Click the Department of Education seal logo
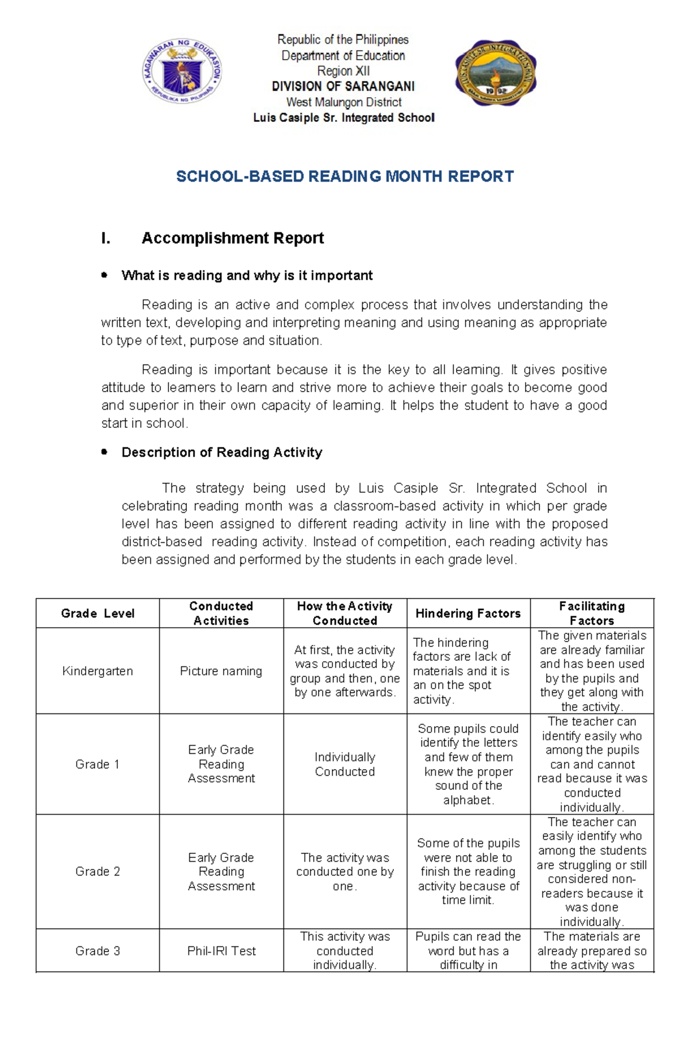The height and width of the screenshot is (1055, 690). pos(182,72)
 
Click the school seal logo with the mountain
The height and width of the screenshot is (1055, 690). pos(495,73)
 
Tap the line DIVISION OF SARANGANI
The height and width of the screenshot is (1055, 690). pos(343,86)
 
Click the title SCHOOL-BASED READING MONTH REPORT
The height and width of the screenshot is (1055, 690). pos(344,176)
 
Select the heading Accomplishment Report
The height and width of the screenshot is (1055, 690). pos(232,238)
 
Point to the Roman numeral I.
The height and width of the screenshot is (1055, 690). pos(105,238)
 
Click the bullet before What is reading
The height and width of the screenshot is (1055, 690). pos(104,275)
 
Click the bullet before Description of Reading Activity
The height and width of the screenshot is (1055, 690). pos(104,452)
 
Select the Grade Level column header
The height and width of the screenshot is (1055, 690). pos(98,613)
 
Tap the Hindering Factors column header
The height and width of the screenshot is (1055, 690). pos(468,613)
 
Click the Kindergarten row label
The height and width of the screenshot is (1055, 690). pos(98,671)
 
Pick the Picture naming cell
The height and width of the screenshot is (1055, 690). pos(221,671)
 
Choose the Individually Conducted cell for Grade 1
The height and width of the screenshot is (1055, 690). pos(344,764)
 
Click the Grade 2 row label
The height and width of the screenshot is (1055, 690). pos(98,871)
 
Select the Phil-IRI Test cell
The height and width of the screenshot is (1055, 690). pos(221,951)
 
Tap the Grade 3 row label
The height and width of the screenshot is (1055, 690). pos(98,951)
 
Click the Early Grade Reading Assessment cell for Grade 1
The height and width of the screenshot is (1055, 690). pos(221,764)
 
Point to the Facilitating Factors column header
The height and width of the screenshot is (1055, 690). pos(592,613)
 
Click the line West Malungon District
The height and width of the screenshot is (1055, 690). pos(344,102)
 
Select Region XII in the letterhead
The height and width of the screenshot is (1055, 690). pos(343,71)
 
